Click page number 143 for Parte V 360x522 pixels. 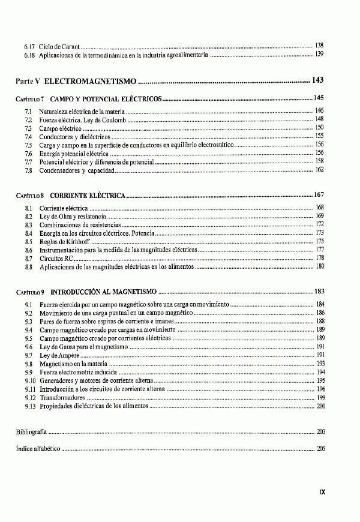(318, 80)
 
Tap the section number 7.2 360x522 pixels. (28, 120)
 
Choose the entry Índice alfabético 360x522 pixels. (38, 448)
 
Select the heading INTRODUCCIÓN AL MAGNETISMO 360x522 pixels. (103, 291)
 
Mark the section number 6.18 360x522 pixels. (29, 55)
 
